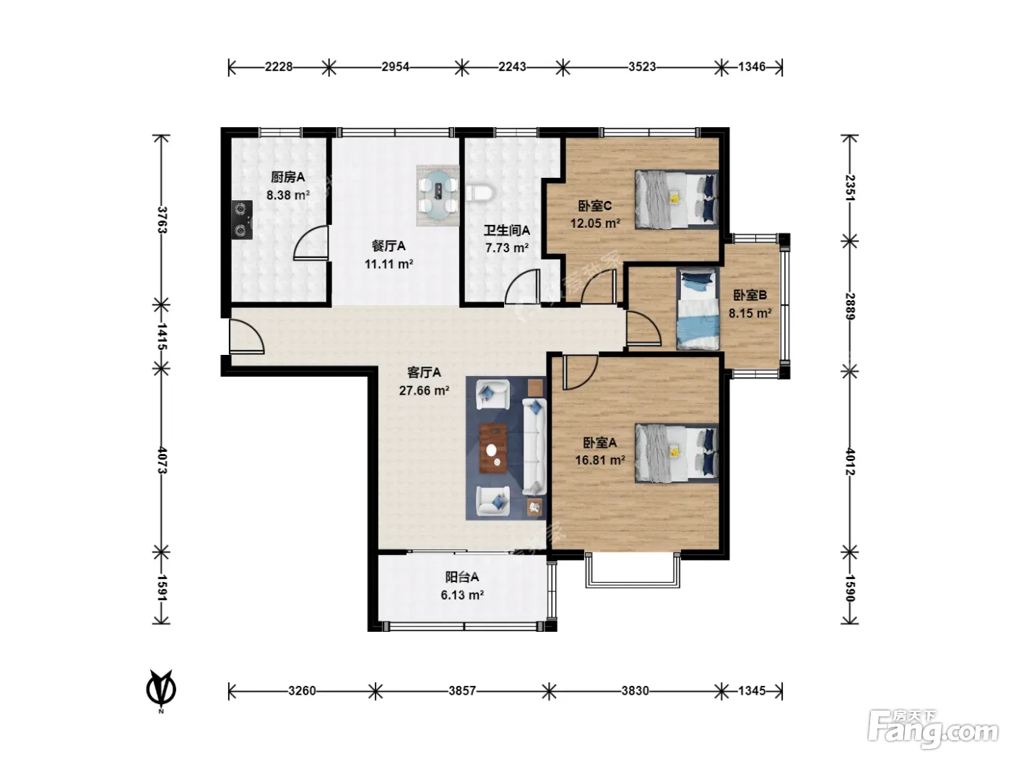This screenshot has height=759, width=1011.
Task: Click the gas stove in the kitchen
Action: click(x=242, y=219)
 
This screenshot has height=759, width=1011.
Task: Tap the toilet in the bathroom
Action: click(x=479, y=193)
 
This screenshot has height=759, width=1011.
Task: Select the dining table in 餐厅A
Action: click(x=438, y=196)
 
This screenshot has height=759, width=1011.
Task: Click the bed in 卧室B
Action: click(x=698, y=309)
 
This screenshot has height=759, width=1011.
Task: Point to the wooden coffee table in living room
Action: click(x=493, y=448)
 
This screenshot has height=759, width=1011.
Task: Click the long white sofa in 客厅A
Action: click(x=534, y=447)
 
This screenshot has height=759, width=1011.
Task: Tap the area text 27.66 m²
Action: click(x=424, y=391)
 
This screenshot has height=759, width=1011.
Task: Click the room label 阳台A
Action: click(x=462, y=577)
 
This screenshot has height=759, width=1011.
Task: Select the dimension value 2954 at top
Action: click(x=395, y=67)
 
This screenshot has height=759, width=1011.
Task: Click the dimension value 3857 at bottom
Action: click(x=462, y=691)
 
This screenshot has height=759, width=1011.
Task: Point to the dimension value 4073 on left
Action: click(x=162, y=460)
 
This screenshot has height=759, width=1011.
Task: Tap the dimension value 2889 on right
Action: click(x=850, y=306)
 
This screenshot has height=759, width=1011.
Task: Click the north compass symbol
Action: click(x=161, y=690)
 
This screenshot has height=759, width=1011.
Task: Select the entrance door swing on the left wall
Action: click(x=246, y=336)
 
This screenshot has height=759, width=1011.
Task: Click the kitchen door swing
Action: click(x=311, y=243)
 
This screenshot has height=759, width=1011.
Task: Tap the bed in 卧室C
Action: click(x=677, y=200)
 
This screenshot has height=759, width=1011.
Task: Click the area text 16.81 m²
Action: click(x=599, y=460)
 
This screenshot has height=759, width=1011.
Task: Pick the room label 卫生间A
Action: click(x=506, y=230)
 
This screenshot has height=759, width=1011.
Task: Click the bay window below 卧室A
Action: click(x=633, y=570)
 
